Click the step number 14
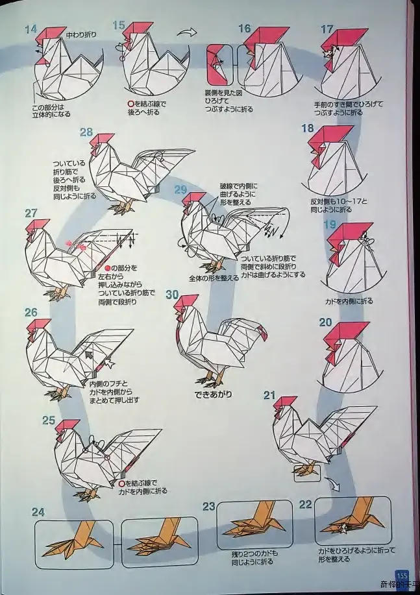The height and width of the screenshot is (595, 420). click(30, 29)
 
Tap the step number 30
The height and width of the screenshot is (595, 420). click(172, 294)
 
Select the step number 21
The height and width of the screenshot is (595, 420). click(269, 395)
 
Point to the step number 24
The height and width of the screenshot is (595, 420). click(38, 512)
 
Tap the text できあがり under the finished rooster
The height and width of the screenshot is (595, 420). click(213, 394)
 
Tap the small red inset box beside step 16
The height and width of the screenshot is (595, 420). click(216, 66)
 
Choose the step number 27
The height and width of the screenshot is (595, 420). click(31, 213)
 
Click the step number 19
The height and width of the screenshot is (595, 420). click(329, 225)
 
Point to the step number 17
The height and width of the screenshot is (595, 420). click(327, 29)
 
